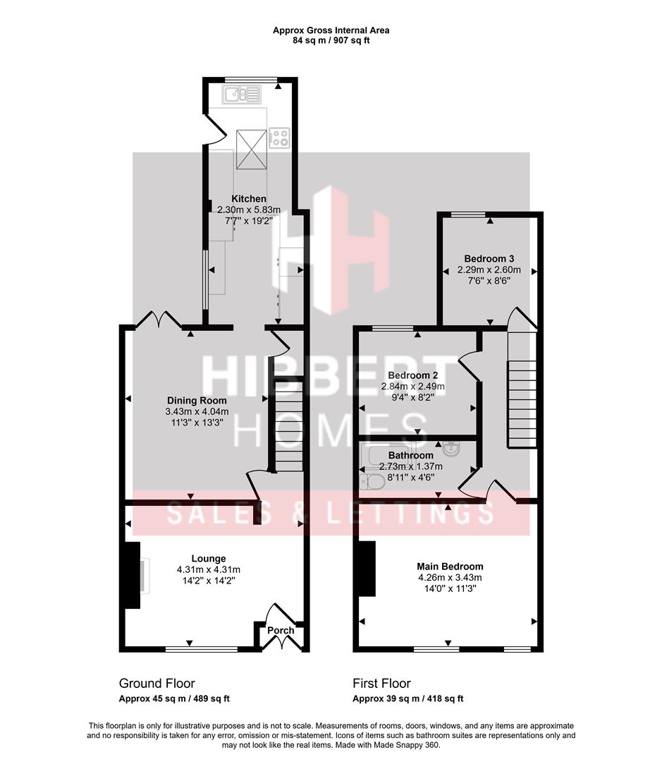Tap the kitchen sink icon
(x=241, y=94)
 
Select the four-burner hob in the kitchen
(x=280, y=137)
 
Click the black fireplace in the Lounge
(x=133, y=574)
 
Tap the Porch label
(x=281, y=630)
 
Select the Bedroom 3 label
(x=489, y=258)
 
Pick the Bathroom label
(x=410, y=455)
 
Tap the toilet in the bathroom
(x=372, y=482)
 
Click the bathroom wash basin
(x=449, y=449)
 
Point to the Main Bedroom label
(x=450, y=566)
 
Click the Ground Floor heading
(x=157, y=683)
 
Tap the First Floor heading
(x=381, y=683)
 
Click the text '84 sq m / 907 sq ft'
(x=331, y=40)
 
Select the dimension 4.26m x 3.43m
(x=450, y=577)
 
